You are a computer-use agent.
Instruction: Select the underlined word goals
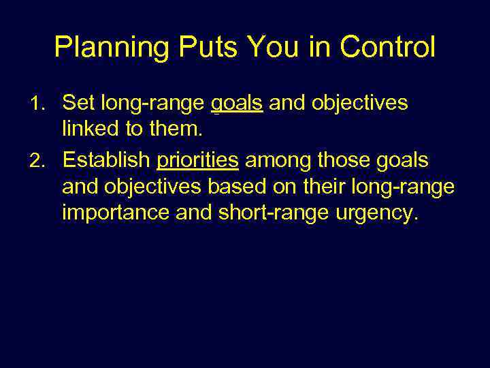[x=237, y=104]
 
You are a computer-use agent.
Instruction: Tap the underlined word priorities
[x=198, y=160]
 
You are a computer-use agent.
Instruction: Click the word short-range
[x=262, y=213]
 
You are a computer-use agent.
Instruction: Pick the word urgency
[x=381, y=213]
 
